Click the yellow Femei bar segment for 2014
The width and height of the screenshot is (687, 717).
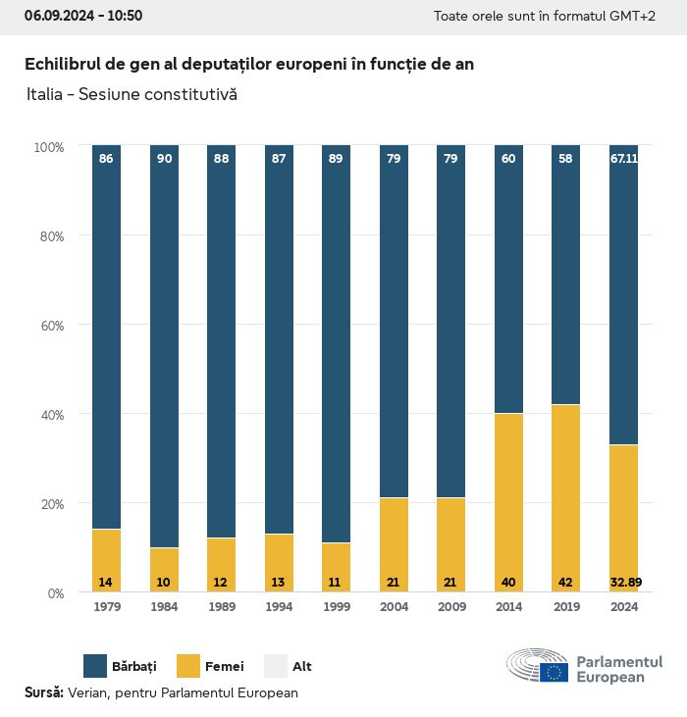click(x=508, y=502)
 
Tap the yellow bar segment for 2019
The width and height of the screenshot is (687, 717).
click(x=565, y=498)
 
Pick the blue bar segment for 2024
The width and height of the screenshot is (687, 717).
click(x=623, y=294)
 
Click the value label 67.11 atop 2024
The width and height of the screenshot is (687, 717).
click(x=623, y=158)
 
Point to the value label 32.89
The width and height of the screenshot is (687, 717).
click(x=623, y=582)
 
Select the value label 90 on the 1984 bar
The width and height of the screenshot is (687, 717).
click(x=164, y=158)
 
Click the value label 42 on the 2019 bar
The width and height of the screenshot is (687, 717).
click(x=565, y=582)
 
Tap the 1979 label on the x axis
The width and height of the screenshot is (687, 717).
click(x=106, y=607)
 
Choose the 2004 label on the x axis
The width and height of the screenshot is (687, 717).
click(x=394, y=607)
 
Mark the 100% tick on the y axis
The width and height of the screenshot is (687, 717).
click(x=48, y=146)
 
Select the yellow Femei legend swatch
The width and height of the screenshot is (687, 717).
click(x=188, y=666)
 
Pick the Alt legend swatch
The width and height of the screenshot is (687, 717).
click(x=276, y=666)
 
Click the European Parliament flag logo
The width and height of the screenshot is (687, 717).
click(x=553, y=672)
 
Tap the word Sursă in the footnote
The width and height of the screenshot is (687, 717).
click(x=43, y=692)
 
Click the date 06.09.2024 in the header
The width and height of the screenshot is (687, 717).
click(x=57, y=16)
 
